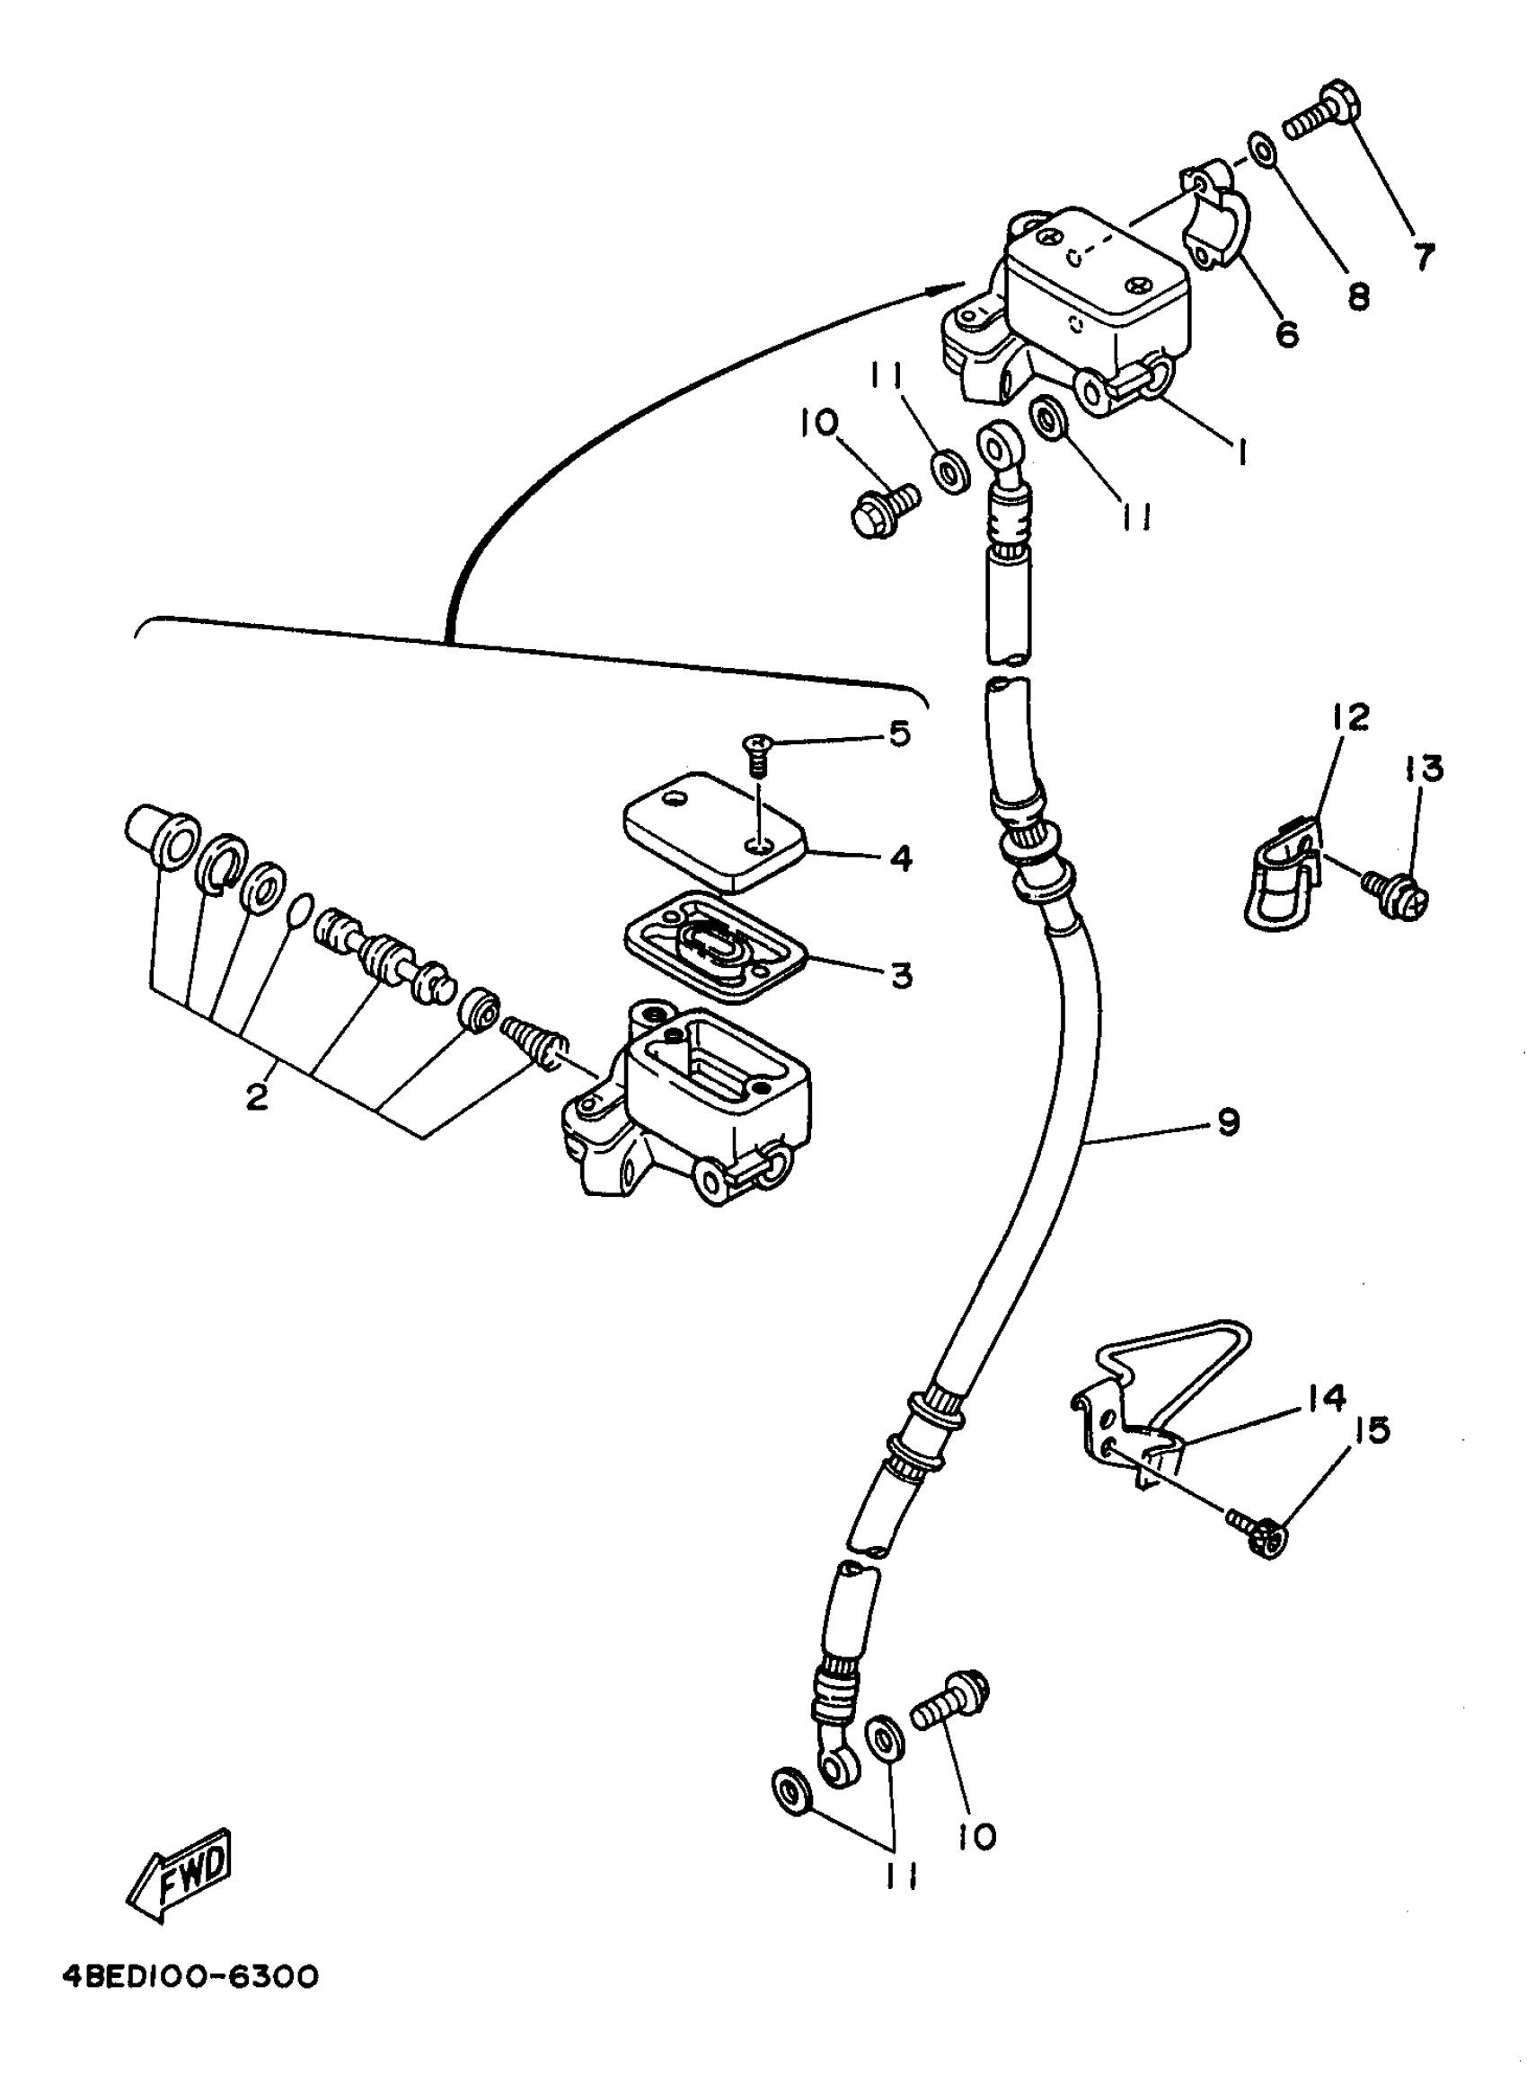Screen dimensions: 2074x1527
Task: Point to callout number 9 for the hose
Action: (1228, 1123)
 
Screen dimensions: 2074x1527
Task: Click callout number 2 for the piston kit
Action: (256, 1097)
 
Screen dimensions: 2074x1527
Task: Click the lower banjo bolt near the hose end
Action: (950, 1701)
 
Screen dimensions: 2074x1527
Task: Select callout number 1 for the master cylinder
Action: (1241, 452)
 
